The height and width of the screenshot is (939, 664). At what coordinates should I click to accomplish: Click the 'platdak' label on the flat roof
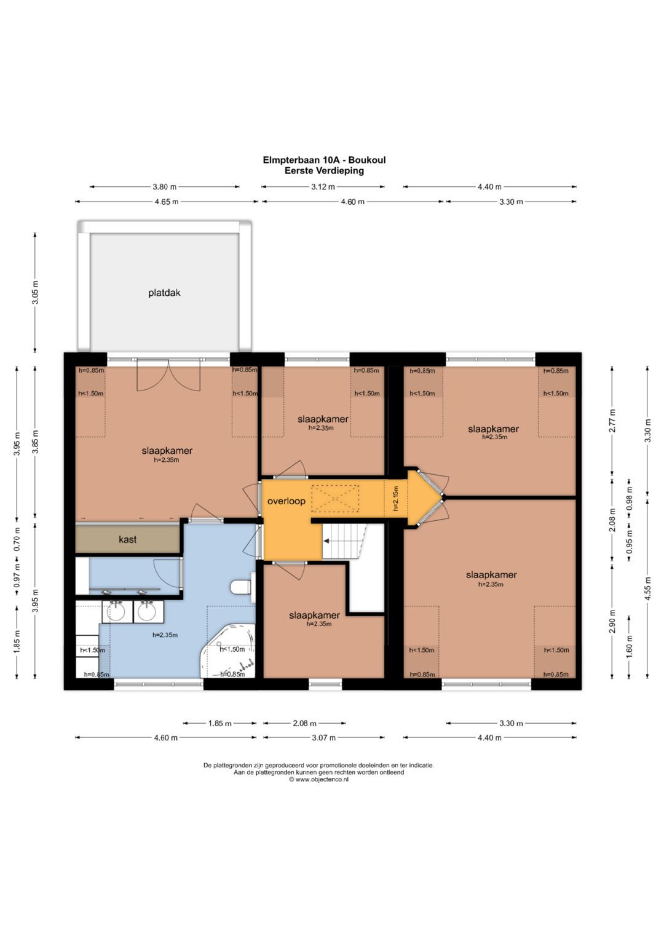[x=164, y=293]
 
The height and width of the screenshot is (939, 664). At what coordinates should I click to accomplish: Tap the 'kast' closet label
[x=127, y=539]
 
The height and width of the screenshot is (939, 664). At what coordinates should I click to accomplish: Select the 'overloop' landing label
[x=287, y=501]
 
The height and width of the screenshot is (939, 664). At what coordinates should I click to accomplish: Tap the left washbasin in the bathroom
[x=117, y=611]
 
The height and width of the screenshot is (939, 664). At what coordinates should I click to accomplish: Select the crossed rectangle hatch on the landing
[x=335, y=499]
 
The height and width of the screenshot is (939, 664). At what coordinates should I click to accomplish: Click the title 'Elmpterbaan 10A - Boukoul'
[x=324, y=160]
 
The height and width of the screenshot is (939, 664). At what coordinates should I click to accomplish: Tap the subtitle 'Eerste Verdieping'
[x=324, y=170]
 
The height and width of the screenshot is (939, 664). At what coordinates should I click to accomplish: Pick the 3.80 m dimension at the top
[x=164, y=187]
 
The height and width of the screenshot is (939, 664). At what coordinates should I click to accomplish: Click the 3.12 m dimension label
[x=323, y=187]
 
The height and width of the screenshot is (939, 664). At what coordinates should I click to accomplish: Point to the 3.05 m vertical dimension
[x=35, y=292]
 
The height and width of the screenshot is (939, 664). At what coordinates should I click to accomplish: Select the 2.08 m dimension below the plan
[x=305, y=723]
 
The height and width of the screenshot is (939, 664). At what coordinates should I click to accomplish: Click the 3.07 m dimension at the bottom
[x=323, y=738]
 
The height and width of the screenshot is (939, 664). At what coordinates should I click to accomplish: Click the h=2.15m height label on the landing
[x=396, y=499]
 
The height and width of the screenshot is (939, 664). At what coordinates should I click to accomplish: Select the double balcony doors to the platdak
[x=168, y=374]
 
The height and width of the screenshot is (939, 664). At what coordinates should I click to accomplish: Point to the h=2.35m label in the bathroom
[x=165, y=635]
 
